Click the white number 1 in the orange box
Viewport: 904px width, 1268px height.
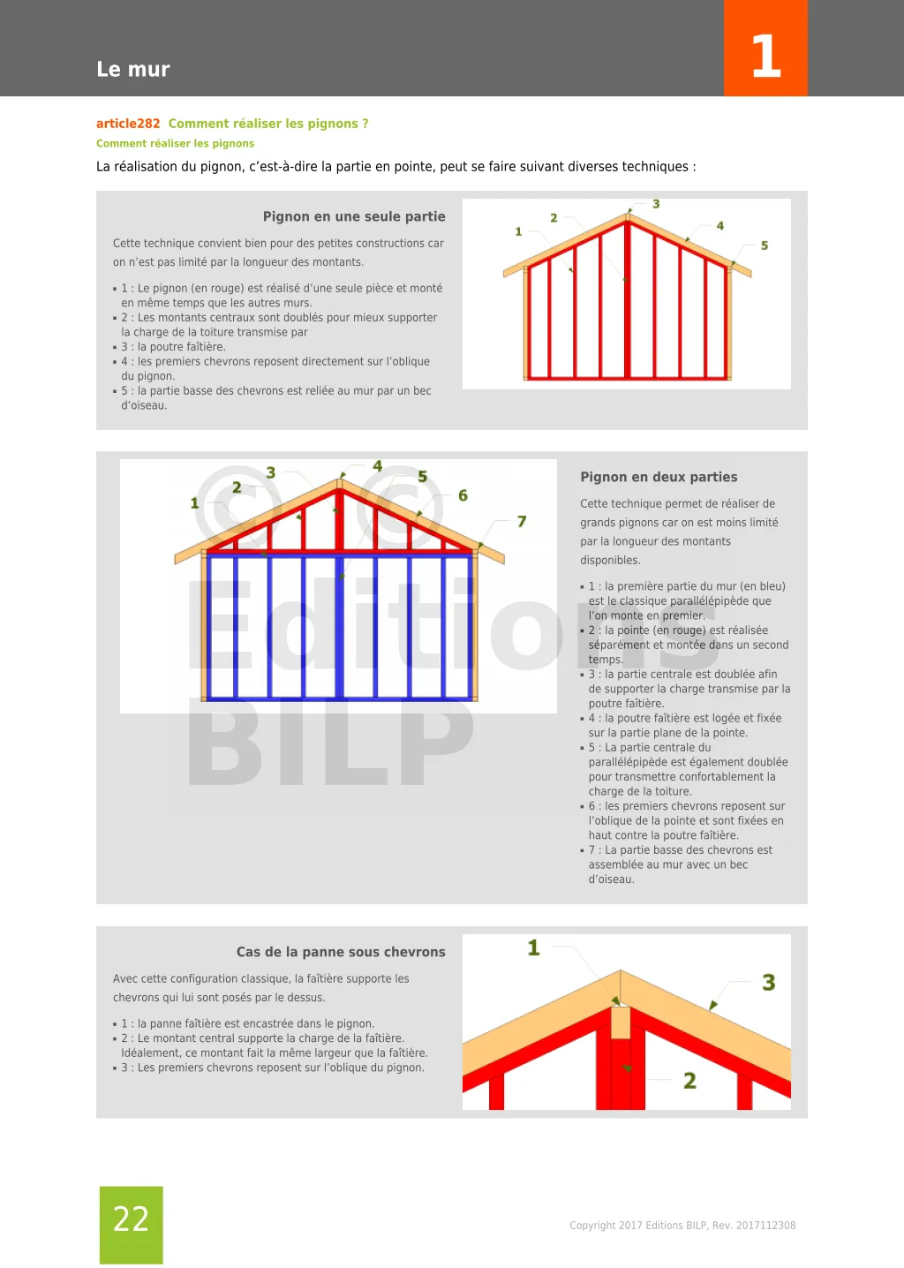coord(765,56)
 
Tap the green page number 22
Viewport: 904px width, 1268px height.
coord(131,1219)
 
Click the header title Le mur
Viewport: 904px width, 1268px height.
coord(133,69)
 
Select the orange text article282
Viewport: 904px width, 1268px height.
coord(128,124)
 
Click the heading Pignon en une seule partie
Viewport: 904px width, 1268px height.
coord(354,216)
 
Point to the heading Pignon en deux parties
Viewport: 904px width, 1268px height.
coord(659,477)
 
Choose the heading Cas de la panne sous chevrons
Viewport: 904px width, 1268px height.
coord(341,952)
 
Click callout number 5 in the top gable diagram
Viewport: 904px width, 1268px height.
coord(765,245)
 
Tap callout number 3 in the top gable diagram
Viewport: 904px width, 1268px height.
coord(656,204)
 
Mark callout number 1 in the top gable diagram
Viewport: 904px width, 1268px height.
coord(518,231)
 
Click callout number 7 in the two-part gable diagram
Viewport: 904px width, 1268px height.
coord(522,522)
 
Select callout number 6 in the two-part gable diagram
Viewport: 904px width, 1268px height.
coord(463,495)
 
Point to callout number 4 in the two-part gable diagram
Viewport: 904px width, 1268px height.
coord(377,466)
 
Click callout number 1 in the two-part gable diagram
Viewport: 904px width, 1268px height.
coord(195,503)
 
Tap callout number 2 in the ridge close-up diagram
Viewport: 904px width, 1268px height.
coord(689,1081)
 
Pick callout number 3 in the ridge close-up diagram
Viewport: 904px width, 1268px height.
coord(769,983)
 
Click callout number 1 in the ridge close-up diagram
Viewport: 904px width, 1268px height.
coord(533,948)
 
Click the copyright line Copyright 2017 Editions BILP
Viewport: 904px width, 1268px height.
coord(682,1226)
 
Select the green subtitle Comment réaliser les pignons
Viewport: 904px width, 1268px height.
coord(175,143)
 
